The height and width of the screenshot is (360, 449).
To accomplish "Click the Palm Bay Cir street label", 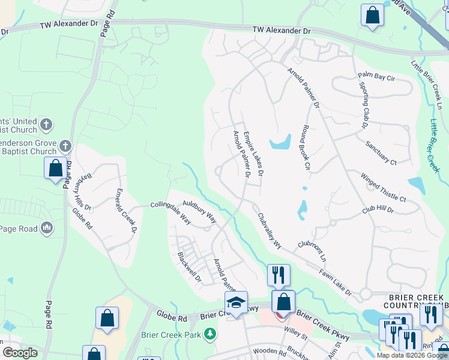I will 376,76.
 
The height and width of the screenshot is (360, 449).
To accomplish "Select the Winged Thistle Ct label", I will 383,188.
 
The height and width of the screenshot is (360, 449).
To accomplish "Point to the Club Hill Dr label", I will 377,209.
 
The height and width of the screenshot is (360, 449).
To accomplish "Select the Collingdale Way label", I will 170,212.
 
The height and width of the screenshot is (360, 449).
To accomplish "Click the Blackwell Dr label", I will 190,267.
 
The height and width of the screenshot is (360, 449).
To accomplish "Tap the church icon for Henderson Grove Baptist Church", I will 65,145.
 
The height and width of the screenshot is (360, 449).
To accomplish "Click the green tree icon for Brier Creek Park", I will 210,333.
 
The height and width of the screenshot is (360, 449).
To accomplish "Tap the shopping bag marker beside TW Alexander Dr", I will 372,15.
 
